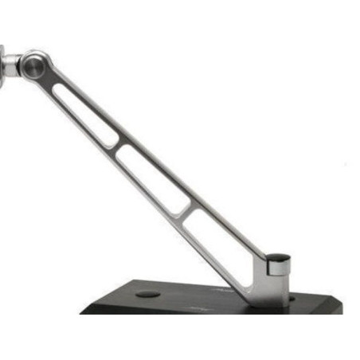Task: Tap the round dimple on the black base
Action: coord(147,294)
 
